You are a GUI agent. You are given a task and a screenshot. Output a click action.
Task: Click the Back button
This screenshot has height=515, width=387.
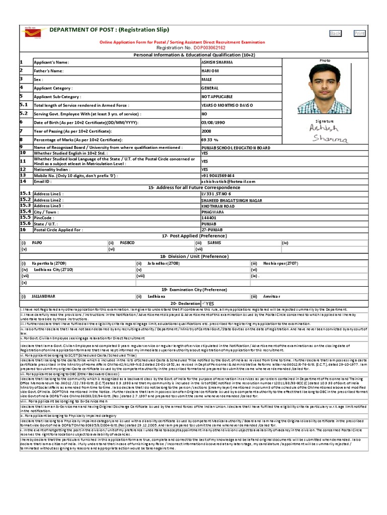[335, 33]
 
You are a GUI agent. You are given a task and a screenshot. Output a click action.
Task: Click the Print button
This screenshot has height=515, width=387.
[359, 33]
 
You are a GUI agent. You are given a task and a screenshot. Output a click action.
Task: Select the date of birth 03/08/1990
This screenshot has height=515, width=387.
[214, 122]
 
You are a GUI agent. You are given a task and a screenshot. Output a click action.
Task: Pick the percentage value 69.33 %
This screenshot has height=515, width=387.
[210, 139]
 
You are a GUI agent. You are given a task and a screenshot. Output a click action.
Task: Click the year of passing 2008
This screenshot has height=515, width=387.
[206, 131]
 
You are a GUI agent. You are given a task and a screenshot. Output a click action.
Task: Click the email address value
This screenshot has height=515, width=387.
[225, 181]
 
